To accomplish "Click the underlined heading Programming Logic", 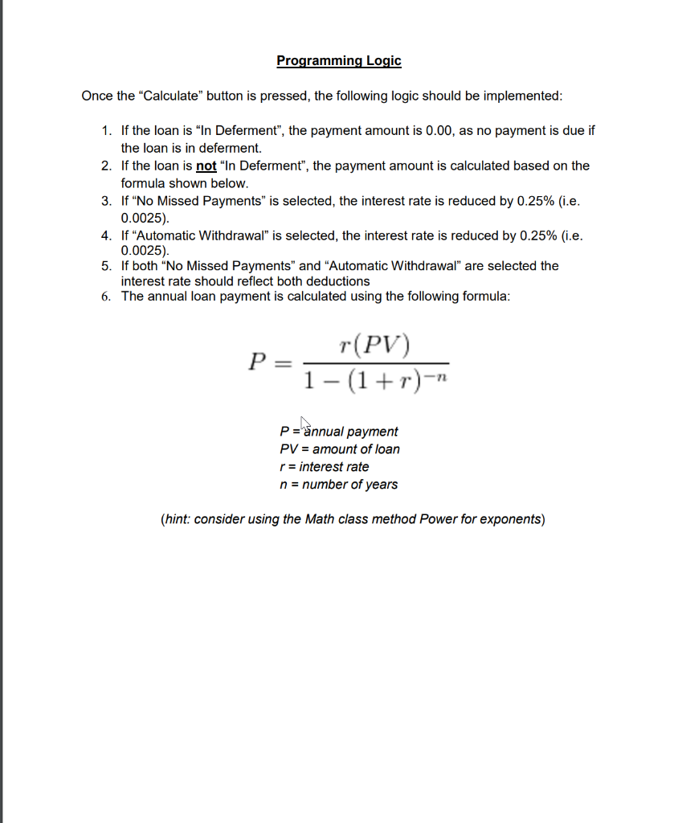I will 338,60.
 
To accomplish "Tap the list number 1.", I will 106,130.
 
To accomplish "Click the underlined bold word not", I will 206,166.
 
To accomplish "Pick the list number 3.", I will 106,201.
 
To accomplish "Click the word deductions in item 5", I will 337,281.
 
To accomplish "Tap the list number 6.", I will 106,297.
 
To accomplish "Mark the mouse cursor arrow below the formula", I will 305,423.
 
